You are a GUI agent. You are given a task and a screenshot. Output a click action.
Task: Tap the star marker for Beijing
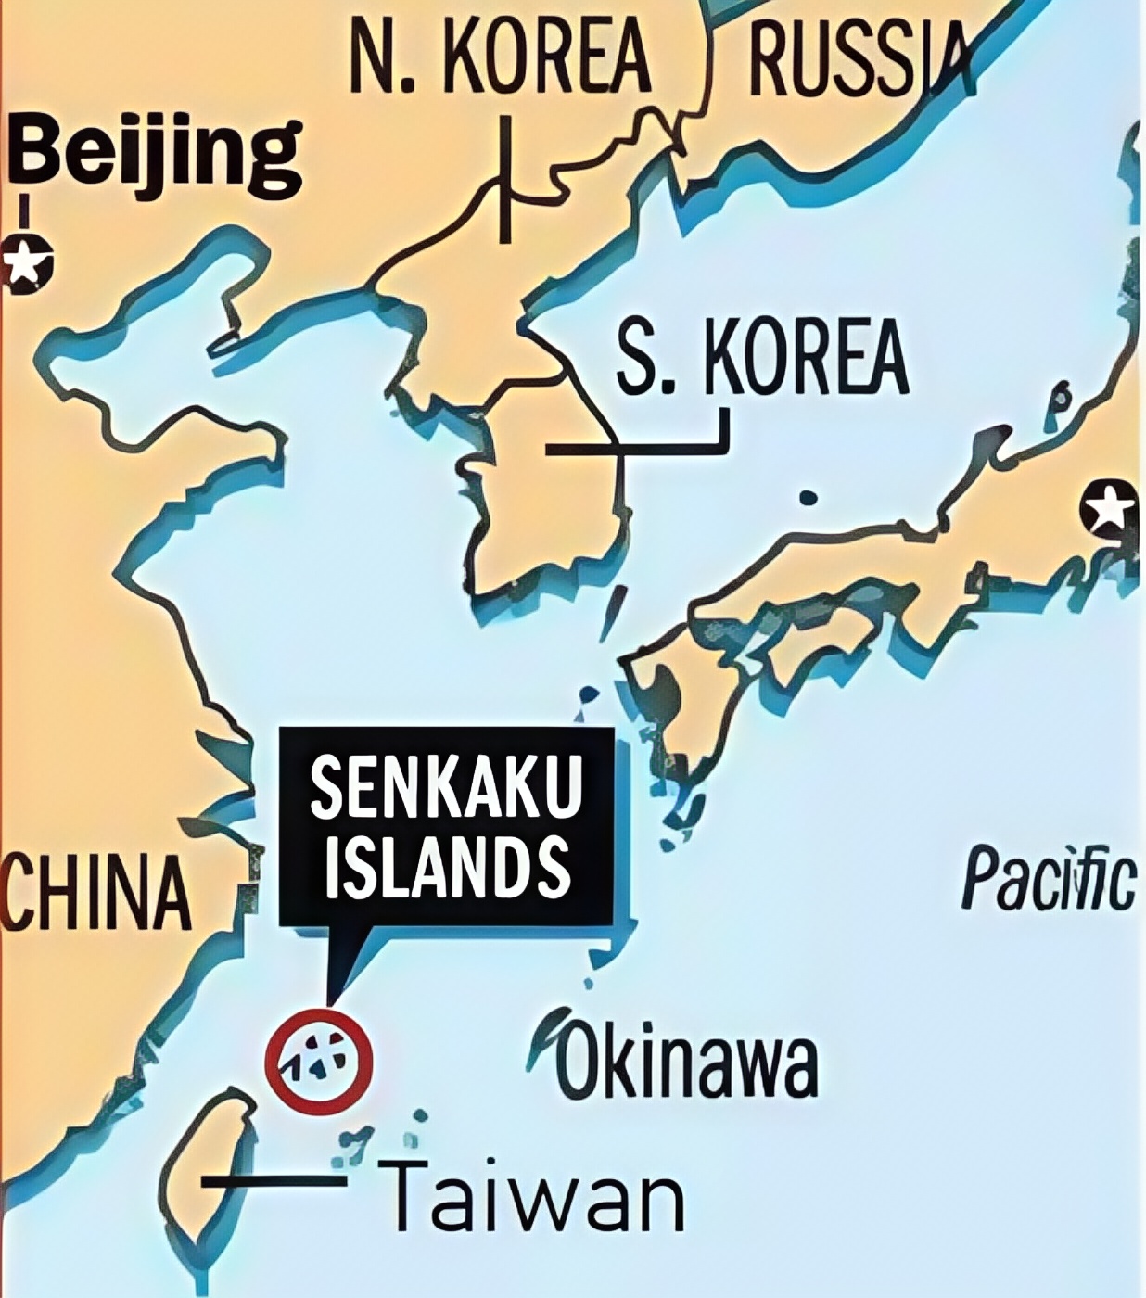point(26,262)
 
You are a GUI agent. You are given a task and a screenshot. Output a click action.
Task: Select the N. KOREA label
point(501,57)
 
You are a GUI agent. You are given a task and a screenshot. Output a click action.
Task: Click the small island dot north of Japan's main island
point(809,498)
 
